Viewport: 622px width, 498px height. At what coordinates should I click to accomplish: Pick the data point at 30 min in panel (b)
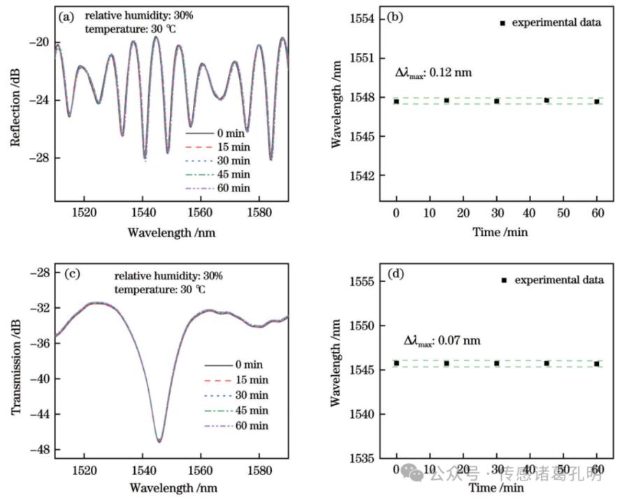497,101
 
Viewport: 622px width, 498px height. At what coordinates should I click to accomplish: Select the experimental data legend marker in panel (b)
502,23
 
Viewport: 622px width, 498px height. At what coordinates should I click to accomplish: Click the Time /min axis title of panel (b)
497,231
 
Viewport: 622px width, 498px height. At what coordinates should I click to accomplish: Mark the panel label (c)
70,273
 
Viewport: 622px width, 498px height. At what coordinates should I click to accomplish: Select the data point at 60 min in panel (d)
597,364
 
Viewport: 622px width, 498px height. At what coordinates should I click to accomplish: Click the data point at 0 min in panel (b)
396,101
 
